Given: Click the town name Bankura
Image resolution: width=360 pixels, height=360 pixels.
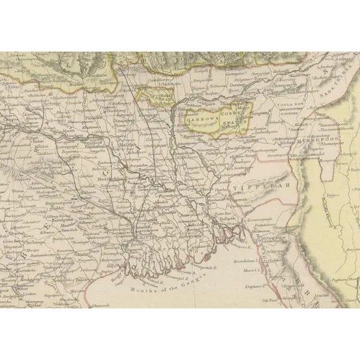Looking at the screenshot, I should [91, 76].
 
